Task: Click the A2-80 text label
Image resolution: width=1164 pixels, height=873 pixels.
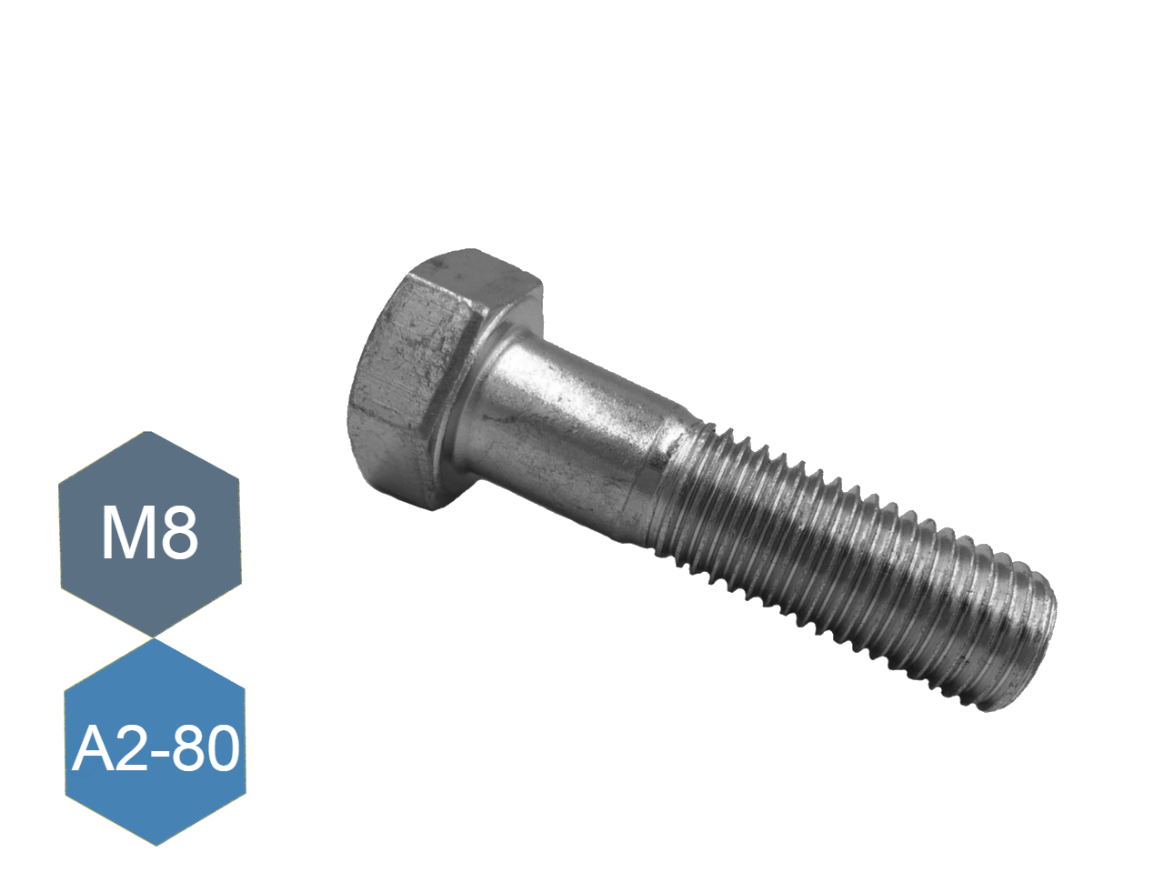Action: [155, 749]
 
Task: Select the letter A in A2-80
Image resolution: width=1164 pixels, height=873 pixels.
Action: [92, 749]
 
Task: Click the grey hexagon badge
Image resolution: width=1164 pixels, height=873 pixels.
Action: [150, 534]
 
